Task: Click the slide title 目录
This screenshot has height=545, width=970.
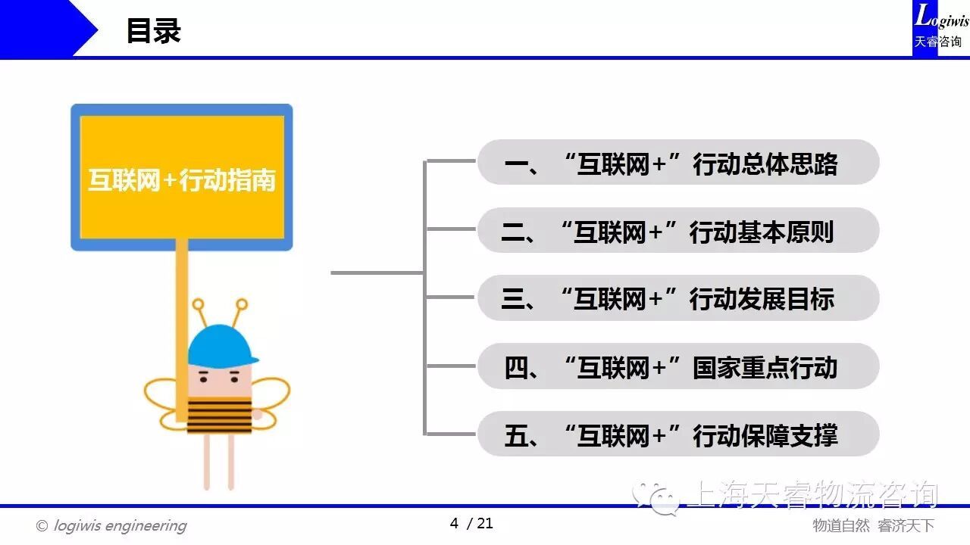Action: click(x=154, y=31)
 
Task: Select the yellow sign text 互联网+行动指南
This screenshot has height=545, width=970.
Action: click(x=182, y=180)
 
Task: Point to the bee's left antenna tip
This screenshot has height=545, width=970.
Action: click(x=198, y=304)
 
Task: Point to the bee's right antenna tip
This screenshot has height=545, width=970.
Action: click(x=242, y=304)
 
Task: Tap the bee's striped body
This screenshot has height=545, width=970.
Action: click(x=219, y=416)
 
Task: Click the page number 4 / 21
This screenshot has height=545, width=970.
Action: click(x=471, y=523)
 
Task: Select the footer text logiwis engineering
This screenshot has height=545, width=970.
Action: click(x=120, y=525)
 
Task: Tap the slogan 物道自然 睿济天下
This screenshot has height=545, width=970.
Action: click(x=873, y=525)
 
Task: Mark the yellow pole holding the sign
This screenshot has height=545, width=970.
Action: click(x=182, y=331)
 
